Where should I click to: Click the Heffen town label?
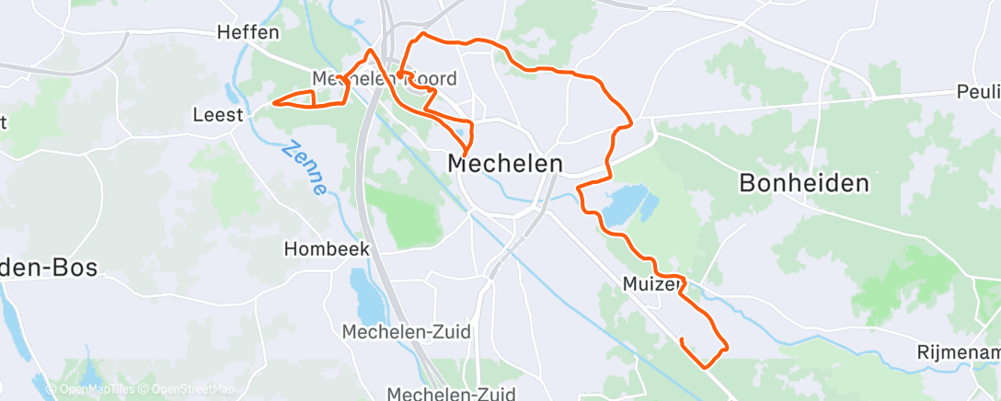tap(247, 32)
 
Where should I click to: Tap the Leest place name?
tap(218, 115)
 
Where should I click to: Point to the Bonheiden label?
tap(804, 183)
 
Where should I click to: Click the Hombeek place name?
tap(327, 248)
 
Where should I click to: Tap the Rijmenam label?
tap(958, 352)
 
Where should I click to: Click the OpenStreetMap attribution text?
tap(188, 389)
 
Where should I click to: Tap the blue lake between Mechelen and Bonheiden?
tap(627, 203)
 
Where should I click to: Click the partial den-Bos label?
tap(46, 268)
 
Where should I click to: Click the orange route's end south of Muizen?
tap(682, 340)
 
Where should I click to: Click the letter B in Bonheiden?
tap(748, 183)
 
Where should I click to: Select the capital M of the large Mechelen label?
tap(459, 164)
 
